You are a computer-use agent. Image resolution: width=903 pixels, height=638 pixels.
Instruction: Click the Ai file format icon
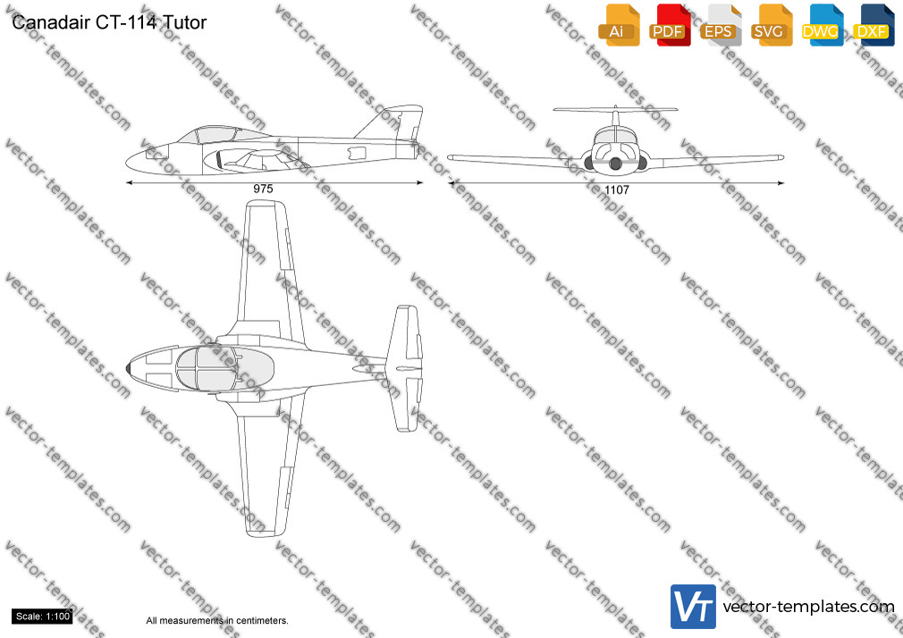(x=619, y=25)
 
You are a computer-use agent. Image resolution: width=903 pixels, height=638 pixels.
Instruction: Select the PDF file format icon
(x=670, y=25)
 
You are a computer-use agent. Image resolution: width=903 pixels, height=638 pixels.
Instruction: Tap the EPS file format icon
(x=721, y=25)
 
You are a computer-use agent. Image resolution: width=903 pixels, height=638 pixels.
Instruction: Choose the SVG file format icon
(x=771, y=25)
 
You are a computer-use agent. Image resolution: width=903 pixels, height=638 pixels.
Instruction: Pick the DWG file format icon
(x=823, y=25)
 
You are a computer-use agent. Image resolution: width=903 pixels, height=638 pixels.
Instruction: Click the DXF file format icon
(x=873, y=25)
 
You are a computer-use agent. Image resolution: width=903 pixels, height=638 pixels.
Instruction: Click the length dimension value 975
(x=263, y=189)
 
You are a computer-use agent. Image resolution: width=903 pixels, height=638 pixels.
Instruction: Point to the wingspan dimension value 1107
(x=617, y=189)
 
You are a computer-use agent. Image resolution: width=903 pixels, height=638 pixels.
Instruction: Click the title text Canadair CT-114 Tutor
(x=109, y=22)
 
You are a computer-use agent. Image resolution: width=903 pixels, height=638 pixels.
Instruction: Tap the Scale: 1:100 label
(x=43, y=617)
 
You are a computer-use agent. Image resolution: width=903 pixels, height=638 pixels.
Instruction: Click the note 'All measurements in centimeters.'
(x=217, y=621)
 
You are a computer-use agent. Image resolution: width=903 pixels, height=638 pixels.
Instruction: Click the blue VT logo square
(x=693, y=607)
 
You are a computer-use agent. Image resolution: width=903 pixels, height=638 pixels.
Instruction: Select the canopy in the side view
(x=222, y=134)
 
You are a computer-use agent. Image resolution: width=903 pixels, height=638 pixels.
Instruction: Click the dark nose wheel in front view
(x=616, y=164)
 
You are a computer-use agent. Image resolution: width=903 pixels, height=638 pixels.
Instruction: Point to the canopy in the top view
(x=224, y=368)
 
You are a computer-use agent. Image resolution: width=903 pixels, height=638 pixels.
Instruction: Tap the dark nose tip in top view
(x=128, y=368)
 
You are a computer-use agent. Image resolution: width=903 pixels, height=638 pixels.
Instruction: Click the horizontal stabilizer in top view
(x=404, y=368)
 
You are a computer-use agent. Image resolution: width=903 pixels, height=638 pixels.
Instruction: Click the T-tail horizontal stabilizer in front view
(x=615, y=109)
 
